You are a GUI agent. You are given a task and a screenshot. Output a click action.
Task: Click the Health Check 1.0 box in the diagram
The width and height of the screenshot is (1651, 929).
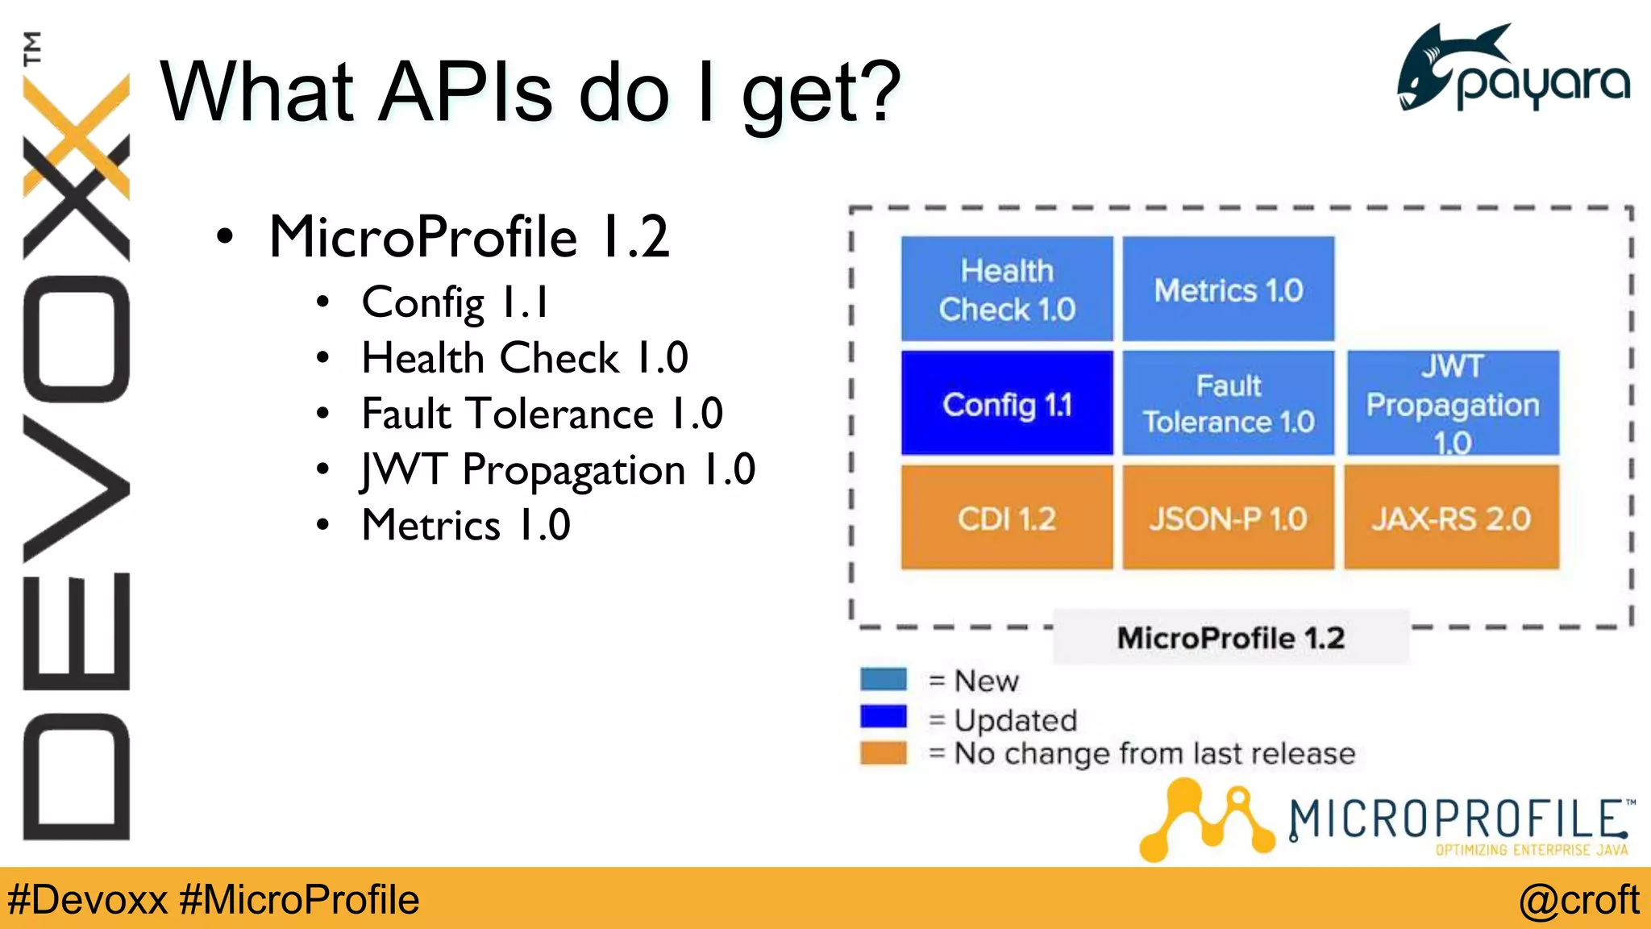[1006, 289]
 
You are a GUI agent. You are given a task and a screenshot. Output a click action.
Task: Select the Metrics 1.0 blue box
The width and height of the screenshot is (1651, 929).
[1228, 289]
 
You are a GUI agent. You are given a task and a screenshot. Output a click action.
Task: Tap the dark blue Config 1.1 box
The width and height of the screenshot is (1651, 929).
[1006, 403]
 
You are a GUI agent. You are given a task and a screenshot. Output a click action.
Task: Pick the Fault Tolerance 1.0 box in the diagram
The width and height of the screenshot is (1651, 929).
[1228, 403]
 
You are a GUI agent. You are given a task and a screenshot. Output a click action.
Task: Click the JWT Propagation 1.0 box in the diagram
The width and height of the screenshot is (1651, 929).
[1452, 403]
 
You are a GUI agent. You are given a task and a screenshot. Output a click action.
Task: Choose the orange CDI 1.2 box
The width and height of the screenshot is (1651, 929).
[1006, 518]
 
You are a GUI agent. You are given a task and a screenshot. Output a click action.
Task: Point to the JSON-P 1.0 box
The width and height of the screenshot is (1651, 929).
[1228, 518]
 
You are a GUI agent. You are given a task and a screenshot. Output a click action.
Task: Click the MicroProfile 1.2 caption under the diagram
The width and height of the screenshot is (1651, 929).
[1230, 638]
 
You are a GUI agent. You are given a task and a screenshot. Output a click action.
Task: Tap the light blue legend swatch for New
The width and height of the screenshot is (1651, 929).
[883, 679]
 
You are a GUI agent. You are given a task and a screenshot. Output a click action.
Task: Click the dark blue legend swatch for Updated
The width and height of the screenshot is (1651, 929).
[883, 716]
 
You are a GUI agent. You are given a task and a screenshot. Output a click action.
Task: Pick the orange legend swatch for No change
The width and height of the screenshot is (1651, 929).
[883, 752]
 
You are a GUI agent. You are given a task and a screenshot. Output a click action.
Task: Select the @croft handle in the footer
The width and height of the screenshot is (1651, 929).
[1578, 899]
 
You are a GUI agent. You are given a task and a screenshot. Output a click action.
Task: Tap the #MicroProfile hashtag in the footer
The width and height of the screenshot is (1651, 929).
[299, 899]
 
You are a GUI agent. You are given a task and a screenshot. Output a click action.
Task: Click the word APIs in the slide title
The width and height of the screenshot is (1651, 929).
[465, 93]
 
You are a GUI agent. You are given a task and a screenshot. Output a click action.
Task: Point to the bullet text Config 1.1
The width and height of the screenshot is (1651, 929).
[455, 302]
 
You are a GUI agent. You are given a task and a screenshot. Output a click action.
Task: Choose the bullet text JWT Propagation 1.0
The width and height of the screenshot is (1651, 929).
[558, 470]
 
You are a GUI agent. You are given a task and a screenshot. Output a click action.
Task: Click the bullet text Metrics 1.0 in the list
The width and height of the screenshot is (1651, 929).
[466, 526]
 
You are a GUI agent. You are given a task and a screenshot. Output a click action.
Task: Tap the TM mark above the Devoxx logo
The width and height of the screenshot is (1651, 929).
[31, 48]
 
